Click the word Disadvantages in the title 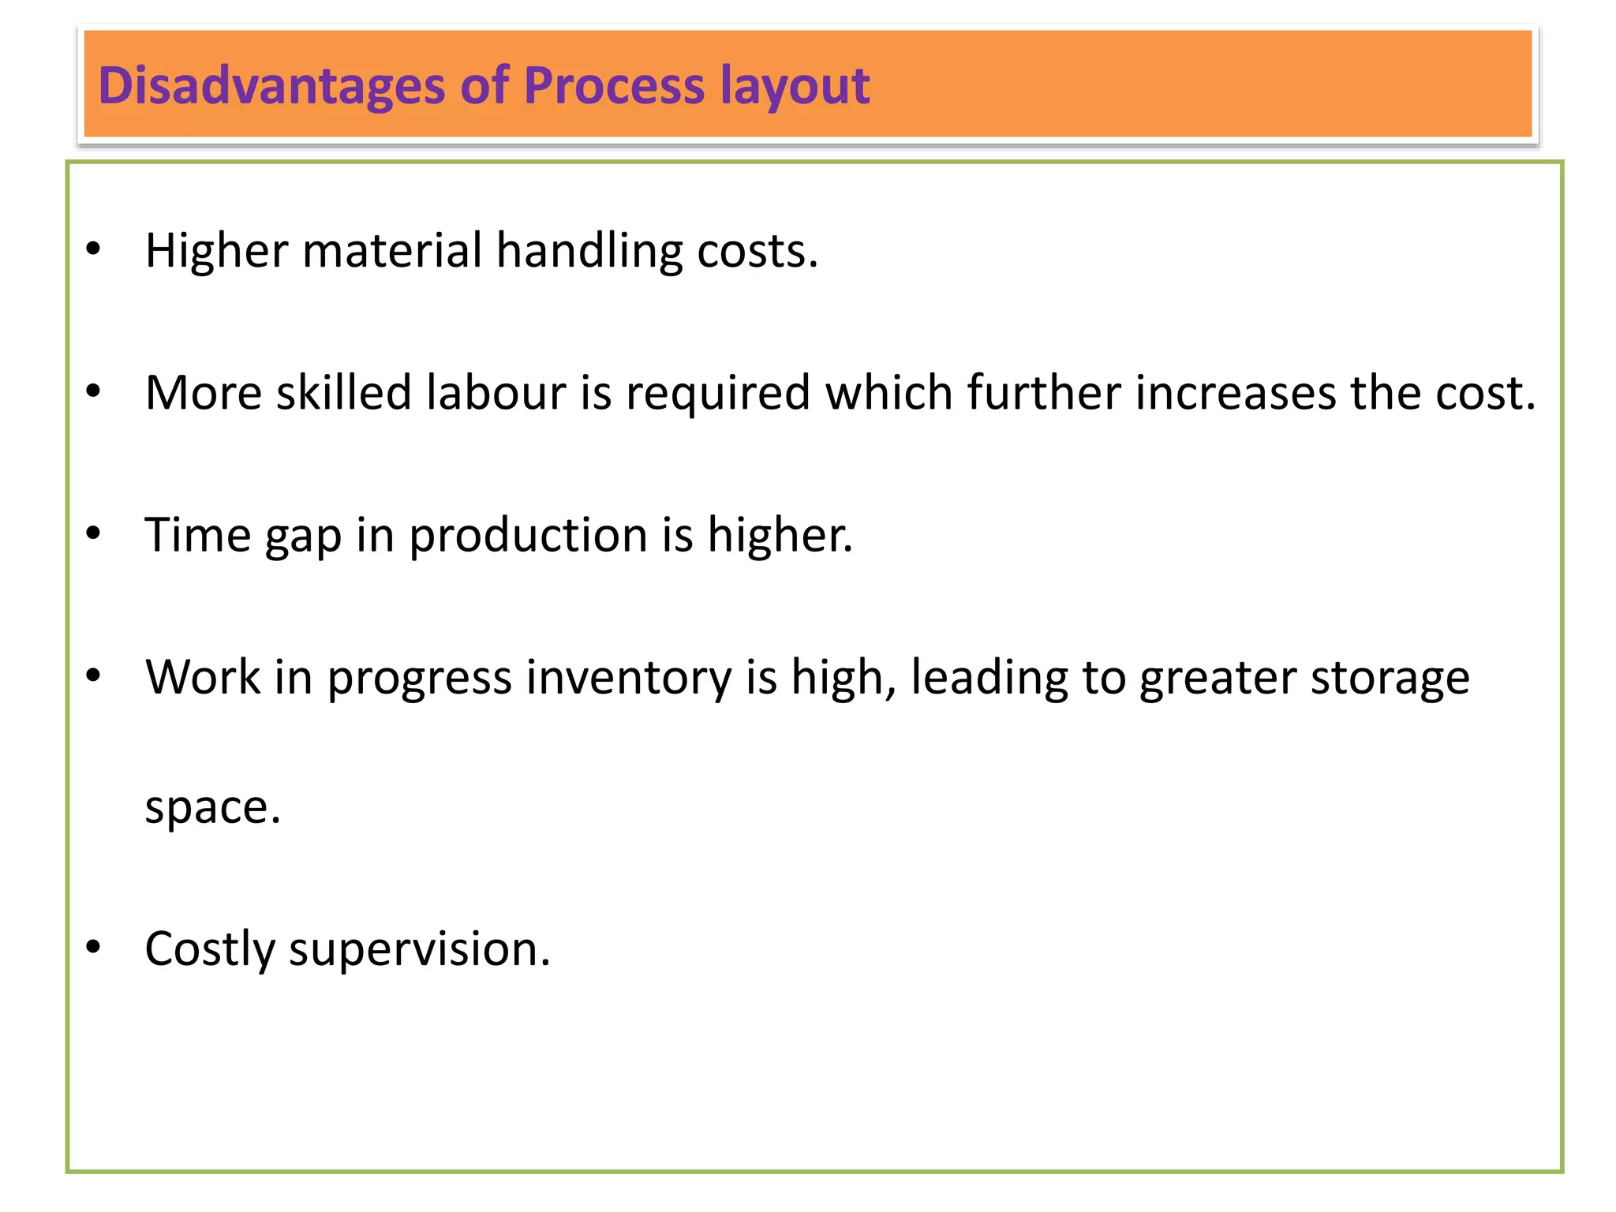(271, 85)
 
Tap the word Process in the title (613, 85)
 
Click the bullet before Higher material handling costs (94, 249)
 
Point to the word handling (589, 251)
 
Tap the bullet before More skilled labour (94, 391)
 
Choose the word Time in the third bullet (198, 534)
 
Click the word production (528, 536)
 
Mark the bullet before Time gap (94, 533)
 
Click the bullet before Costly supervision (94, 947)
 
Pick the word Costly (210, 948)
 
